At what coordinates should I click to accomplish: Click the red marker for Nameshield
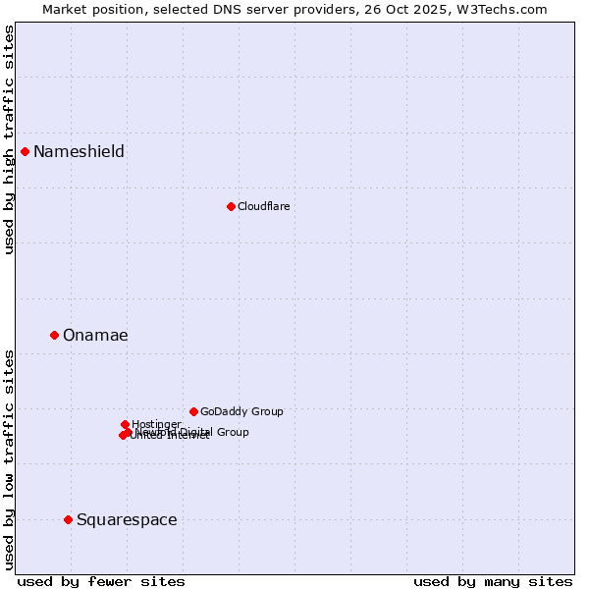(25, 151)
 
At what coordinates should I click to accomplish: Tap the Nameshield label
(79, 151)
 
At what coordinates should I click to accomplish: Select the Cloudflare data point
(231, 206)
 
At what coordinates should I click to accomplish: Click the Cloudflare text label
(263, 206)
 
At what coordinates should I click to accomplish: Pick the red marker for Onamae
(54, 335)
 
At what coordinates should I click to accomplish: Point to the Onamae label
(95, 335)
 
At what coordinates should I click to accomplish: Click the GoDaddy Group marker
(193, 411)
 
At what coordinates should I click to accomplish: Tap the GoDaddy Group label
(241, 411)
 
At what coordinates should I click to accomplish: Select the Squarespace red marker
(68, 519)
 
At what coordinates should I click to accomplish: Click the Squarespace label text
(127, 519)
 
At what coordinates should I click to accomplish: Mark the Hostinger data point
(125, 424)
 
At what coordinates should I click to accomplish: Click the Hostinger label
(156, 424)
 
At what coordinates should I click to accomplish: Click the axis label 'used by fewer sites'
(101, 581)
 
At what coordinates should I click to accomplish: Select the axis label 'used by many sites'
(493, 581)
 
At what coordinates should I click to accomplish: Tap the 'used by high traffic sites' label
(9, 139)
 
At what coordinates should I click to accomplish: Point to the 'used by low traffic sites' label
(9, 458)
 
